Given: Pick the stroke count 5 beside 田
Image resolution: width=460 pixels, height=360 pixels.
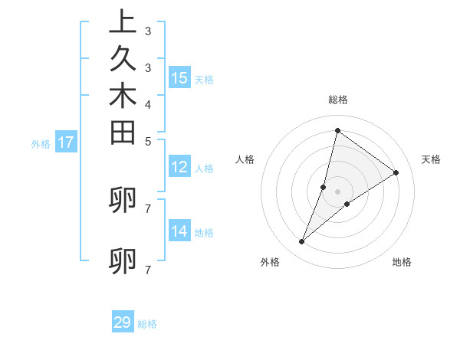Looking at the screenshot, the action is [x=147, y=141].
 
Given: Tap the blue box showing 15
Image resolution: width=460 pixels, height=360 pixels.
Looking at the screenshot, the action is [x=179, y=77].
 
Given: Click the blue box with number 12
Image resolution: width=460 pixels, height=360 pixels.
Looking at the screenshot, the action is [x=179, y=167].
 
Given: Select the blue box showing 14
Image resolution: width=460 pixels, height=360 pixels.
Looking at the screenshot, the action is [x=179, y=231].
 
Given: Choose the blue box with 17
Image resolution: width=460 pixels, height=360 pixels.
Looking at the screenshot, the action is [x=66, y=142].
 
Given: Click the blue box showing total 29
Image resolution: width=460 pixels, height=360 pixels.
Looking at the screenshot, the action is [x=123, y=322].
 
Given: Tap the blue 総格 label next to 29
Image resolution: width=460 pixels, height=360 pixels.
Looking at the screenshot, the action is [x=148, y=324].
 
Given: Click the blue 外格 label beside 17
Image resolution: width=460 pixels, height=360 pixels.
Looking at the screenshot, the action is [x=41, y=143].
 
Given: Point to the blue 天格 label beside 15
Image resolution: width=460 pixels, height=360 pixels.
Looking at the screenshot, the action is [x=204, y=79].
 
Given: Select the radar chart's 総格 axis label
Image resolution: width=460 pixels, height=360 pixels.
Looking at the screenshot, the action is [x=338, y=100].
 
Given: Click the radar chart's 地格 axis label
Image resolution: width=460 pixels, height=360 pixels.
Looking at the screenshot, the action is [x=402, y=262].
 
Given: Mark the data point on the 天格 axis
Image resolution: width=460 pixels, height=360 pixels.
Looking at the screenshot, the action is [x=396, y=172].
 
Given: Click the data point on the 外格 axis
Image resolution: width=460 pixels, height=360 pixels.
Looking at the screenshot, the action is [x=302, y=242].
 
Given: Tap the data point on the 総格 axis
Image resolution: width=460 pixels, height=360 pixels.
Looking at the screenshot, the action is [x=337, y=130].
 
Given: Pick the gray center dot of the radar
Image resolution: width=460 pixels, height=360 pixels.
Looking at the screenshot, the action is [x=337, y=191].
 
